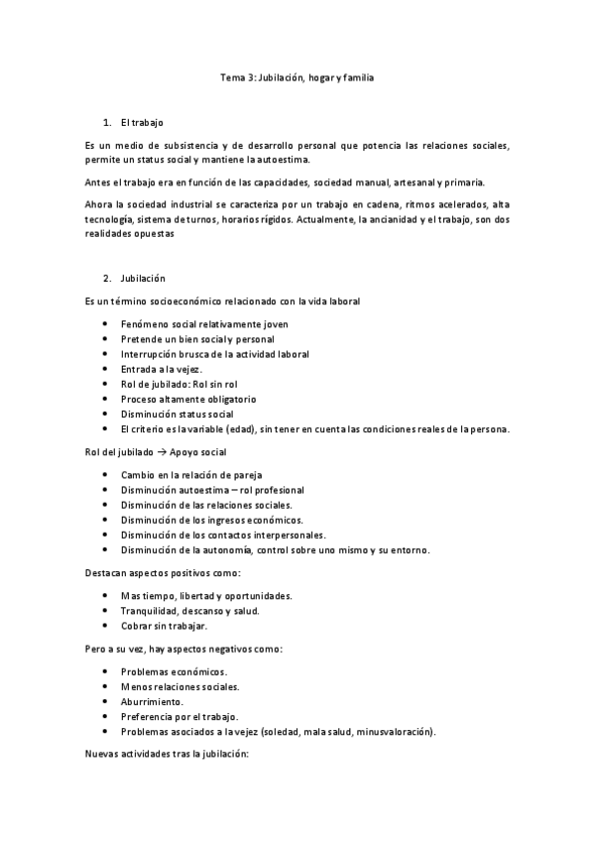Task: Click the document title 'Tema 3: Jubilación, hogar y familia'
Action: (297, 75)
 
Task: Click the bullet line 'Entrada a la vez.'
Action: (161, 369)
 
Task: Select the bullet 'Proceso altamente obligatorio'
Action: (184, 399)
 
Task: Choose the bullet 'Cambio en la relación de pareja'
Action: (190, 476)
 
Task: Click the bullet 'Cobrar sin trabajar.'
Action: (164, 626)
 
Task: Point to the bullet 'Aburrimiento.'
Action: (151, 701)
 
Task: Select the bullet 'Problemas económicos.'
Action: (173, 671)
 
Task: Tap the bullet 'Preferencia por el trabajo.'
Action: (179, 716)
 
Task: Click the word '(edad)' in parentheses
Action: (256, 429)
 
